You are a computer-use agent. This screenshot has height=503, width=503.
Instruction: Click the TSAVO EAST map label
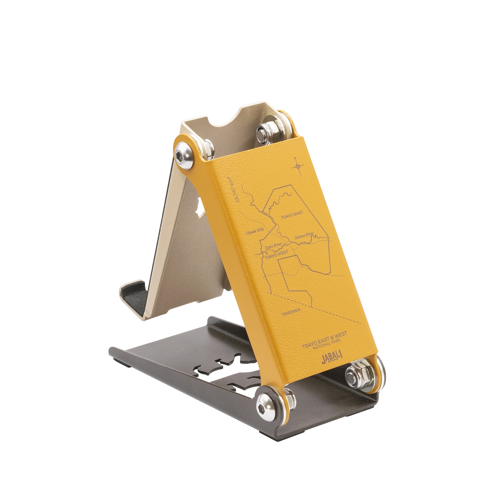pos(292,214)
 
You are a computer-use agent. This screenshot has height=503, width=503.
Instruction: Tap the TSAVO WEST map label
pos(276,254)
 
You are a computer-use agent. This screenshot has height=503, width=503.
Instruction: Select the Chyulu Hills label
pos(255,231)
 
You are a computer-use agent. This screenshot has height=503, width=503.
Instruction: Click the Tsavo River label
pos(273,246)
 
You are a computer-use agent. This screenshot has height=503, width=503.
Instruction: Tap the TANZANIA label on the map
pos(291,312)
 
